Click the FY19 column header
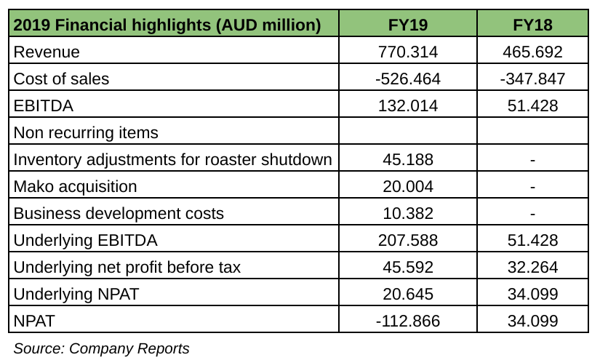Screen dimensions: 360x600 [x=408, y=25]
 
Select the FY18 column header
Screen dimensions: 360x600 [x=532, y=25]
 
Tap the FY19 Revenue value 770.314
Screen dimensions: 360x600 [x=408, y=52]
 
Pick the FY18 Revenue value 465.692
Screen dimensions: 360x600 [x=532, y=52]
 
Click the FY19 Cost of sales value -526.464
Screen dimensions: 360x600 [x=408, y=79]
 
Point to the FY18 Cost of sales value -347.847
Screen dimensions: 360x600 [x=532, y=79]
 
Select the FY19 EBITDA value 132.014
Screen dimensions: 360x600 [x=408, y=105]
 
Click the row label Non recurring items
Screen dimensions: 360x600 [x=86, y=132]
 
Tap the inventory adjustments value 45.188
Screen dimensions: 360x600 [x=408, y=159]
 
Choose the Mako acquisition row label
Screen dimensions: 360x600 [x=75, y=186]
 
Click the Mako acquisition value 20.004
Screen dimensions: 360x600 [x=408, y=186]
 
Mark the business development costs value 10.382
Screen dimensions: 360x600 [x=408, y=213]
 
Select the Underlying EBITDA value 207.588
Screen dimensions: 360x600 [x=408, y=240]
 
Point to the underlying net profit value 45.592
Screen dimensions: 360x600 [x=408, y=267]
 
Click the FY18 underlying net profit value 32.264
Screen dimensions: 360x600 [x=532, y=267]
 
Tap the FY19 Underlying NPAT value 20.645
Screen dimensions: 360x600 [x=408, y=294]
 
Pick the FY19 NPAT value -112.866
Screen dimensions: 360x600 [x=408, y=321]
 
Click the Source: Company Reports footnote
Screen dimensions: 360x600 [x=101, y=348]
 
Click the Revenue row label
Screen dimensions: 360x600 [x=47, y=52]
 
